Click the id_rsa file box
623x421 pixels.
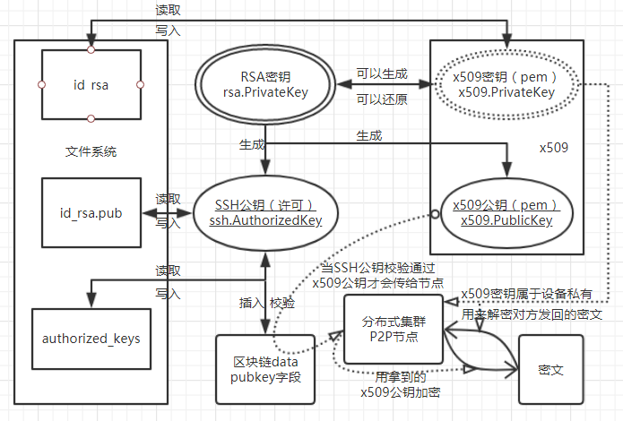pyautogui.click(x=91, y=84)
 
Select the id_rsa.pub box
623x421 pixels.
pyautogui.click(x=90, y=213)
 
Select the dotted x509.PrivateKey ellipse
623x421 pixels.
pyautogui.click(x=507, y=84)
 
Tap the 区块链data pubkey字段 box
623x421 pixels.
pyautogui.click(x=266, y=369)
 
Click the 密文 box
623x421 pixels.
pyautogui.click(x=550, y=369)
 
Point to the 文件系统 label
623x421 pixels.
pyautogui.click(x=91, y=150)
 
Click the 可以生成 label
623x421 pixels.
pyautogui.click(x=381, y=74)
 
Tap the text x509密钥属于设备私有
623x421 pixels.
pyautogui.click(x=526, y=294)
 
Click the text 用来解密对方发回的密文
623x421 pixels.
pyautogui.click(x=531, y=314)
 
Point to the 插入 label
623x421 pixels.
pyautogui.click(x=251, y=303)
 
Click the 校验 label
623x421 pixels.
pyautogui.click(x=282, y=303)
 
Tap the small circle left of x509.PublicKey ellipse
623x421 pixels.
pyautogui.click(x=434, y=213)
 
